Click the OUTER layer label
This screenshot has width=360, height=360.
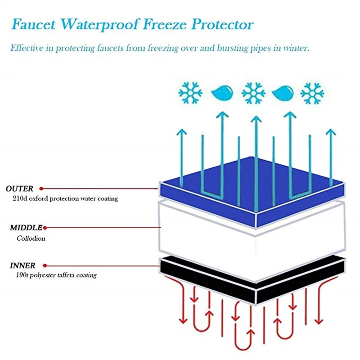(x=20, y=189)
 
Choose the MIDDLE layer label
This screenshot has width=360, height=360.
(x=26, y=228)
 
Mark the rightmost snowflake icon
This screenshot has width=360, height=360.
(x=312, y=94)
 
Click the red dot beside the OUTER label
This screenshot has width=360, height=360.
(x=41, y=189)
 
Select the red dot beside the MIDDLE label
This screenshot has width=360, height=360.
(x=45, y=228)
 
